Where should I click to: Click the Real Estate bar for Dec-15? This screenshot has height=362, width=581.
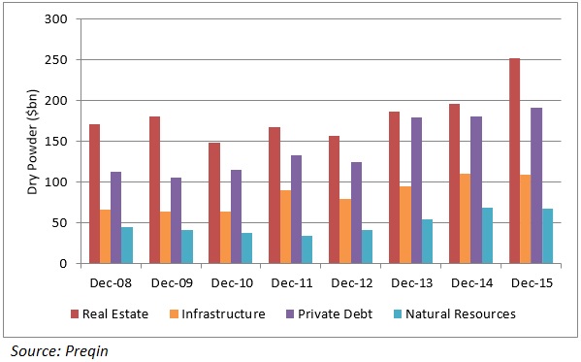point(514,161)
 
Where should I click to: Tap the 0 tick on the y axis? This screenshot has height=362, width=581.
point(65,263)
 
